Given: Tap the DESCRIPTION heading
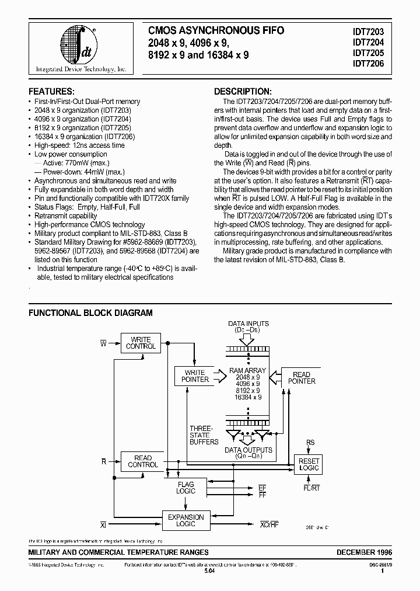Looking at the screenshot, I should point(242,92).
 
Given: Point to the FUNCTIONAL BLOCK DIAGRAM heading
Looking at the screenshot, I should point(90,313).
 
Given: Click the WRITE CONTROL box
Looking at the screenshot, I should point(141,343).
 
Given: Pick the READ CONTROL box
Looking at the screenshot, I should point(142,461).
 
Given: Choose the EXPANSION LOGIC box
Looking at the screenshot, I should point(185,520).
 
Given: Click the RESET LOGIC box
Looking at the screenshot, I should point(309,464).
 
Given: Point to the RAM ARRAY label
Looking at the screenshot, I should point(247,370).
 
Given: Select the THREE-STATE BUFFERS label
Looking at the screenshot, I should point(203,436).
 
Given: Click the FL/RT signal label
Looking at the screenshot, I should point(311,487).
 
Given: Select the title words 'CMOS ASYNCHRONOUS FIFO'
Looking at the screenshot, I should point(216,30).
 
